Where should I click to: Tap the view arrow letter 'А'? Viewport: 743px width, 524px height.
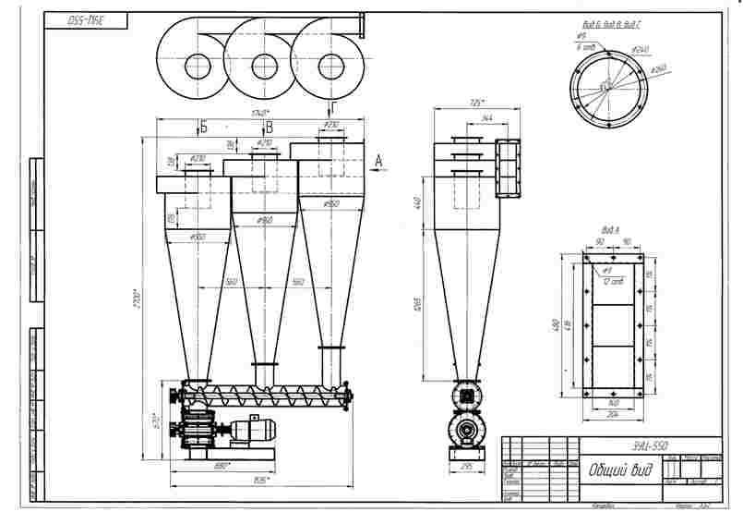378,161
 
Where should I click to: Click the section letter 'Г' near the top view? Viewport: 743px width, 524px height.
333,109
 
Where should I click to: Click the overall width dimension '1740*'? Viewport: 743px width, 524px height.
261,114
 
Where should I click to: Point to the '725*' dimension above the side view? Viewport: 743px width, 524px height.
477,102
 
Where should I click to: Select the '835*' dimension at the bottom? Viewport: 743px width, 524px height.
261,480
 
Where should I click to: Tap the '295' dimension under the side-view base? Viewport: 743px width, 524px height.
466,468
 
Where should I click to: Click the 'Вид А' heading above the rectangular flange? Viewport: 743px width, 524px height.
609,229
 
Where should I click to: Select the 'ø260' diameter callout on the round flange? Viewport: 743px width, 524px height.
659,69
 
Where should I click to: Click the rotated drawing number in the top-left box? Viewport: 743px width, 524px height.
83,20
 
